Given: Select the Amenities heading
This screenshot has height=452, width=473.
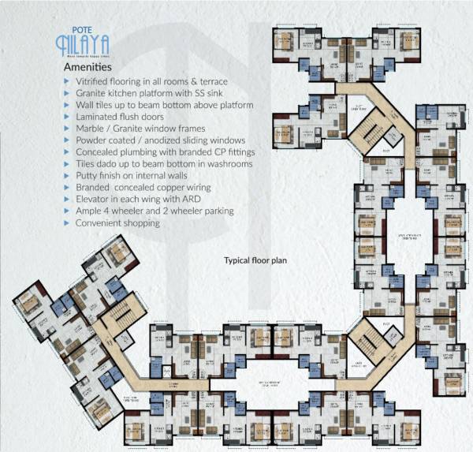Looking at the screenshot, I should click(x=89, y=69).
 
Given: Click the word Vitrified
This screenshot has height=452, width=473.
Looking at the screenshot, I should click(x=94, y=81).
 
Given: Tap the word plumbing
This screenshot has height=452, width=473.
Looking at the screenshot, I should click(x=143, y=152).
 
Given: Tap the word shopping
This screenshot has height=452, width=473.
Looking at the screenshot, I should click(x=141, y=223).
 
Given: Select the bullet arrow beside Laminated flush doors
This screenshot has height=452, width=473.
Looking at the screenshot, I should click(x=67, y=117).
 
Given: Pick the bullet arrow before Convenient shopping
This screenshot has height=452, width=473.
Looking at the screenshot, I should click(x=67, y=223).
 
